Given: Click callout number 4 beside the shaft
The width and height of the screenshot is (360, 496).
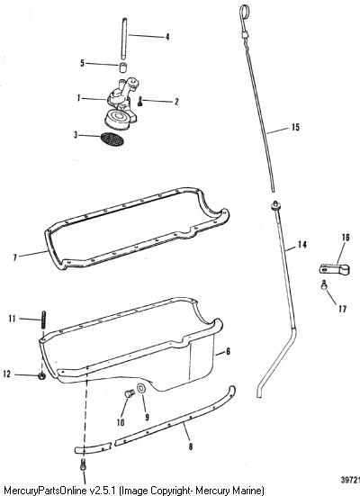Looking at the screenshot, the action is click(x=167, y=37).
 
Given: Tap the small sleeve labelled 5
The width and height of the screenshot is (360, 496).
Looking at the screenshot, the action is click(x=123, y=68).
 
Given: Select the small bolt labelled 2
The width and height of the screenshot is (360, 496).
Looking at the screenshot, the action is click(x=140, y=102).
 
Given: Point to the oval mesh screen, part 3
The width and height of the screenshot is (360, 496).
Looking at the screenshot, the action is click(x=112, y=140).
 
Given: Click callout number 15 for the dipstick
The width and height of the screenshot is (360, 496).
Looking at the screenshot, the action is click(x=295, y=127).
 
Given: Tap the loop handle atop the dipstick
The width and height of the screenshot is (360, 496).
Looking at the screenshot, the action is click(x=243, y=13).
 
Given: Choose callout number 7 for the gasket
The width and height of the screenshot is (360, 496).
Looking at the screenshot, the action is click(x=15, y=257).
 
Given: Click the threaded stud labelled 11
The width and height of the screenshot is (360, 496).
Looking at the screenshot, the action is click(x=44, y=320).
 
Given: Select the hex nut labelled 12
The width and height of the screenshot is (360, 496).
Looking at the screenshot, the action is click(x=41, y=376).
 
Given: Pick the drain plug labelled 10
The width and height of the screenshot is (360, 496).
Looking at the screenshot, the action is click(x=129, y=393).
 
